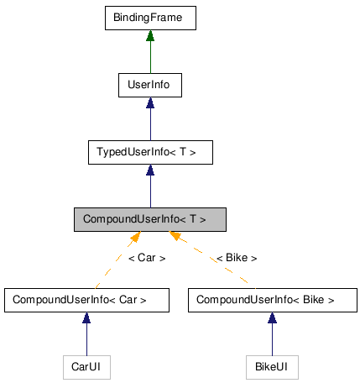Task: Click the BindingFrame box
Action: pos(149,18)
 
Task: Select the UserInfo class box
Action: pos(149,85)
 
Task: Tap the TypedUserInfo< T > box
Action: pos(149,152)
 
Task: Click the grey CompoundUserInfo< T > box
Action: pos(149,219)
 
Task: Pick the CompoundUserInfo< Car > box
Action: pos(86,299)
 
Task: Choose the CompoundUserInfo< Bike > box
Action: pos(272,299)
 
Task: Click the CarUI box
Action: pos(86,366)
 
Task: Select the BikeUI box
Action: pos(272,366)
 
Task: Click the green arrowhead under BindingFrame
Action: pos(149,36)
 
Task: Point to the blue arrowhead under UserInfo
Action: pos(149,103)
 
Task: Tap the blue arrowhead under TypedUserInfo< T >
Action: pos(149,171)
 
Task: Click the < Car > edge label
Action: pos(147,258)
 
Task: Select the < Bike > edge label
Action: pos(236,258)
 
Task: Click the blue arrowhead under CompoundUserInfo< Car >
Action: pos(86,318)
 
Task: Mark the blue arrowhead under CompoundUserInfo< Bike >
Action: pos(272,318)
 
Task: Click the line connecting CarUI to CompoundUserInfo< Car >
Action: pos(86,340)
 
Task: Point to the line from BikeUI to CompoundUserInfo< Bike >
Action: pos(272,340)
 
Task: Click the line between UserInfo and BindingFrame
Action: pos(149,57)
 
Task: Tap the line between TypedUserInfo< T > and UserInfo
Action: pos(149,124)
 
